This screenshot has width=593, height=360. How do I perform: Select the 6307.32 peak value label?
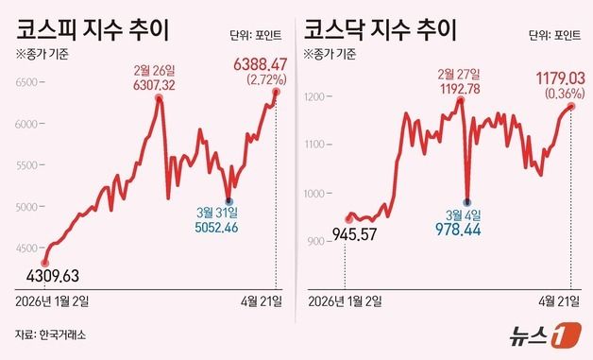159,84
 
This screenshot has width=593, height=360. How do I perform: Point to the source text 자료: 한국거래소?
55,334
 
